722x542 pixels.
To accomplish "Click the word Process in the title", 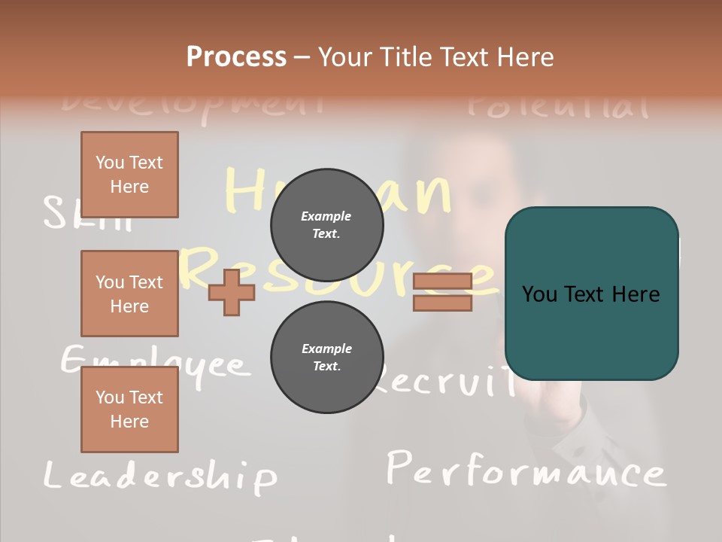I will (236, 57).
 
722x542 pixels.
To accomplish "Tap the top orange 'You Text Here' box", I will (129, 175).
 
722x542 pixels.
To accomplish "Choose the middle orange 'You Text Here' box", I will (129, 294).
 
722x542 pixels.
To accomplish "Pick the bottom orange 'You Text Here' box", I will (129, 410).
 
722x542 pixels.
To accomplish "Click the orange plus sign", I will (232, 292).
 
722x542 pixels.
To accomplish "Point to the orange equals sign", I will (442, 292).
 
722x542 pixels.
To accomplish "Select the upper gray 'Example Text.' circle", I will (326, 225).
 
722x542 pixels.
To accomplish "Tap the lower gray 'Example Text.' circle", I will (326, 358).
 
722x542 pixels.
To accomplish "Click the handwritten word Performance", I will (526, 471).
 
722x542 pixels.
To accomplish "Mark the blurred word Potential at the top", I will (557, 106).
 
